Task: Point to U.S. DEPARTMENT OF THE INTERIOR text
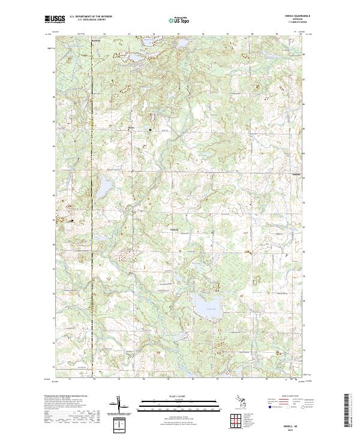(91, 17)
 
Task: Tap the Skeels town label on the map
(131, 126)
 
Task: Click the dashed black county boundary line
(92, 240)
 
